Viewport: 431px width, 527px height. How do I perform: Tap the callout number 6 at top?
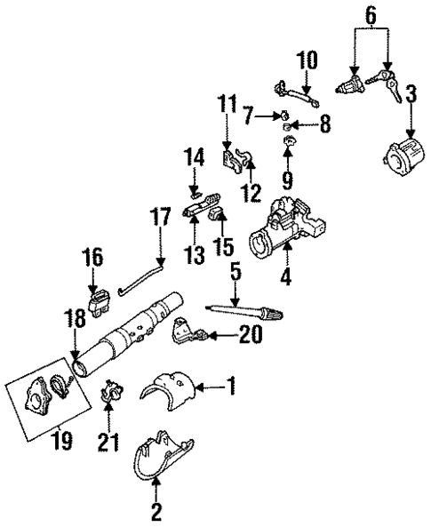click(x=371, y=14)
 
